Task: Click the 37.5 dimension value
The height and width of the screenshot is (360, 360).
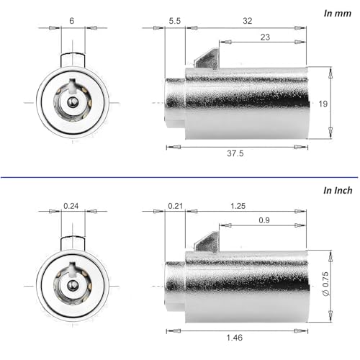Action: click(x=235, y=153)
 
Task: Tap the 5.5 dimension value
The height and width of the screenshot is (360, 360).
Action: click(x=175, y=21)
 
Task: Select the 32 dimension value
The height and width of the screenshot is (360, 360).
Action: click(x=248, y=21)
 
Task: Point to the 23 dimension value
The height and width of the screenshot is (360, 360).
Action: click(x=265, y=37)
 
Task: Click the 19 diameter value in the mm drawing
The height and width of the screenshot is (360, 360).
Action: click(x=323, y=104)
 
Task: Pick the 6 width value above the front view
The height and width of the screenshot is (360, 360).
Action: click(x=71, y=21)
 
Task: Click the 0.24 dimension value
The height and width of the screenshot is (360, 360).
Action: click(x=71, y=206)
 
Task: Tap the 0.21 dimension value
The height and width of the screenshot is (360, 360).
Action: click(x=176, y=206)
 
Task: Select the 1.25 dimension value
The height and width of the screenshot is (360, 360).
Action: click(x=238, y=206)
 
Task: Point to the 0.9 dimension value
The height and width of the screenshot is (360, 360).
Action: click(x=264, y=220)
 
